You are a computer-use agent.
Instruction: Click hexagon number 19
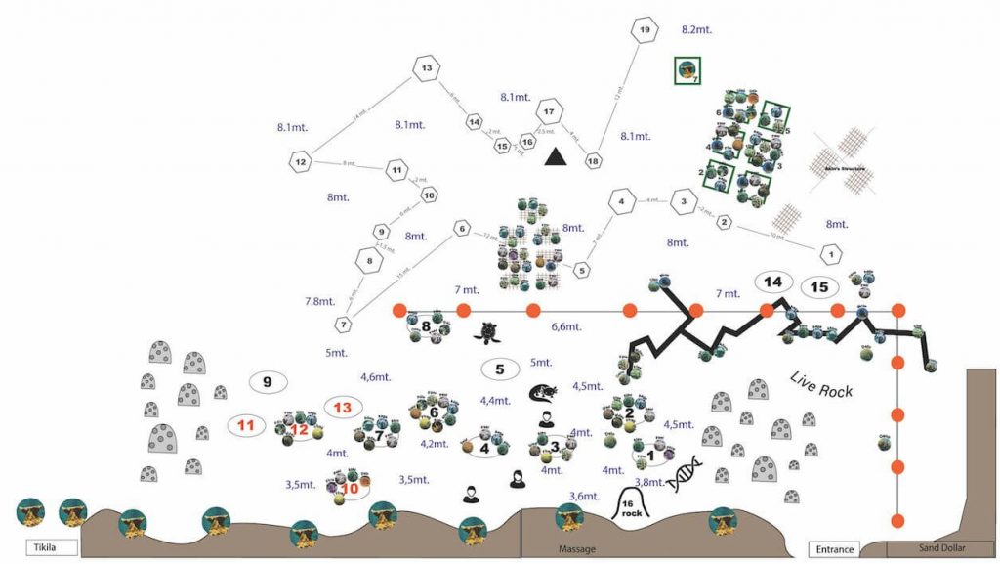[x=643, y=30]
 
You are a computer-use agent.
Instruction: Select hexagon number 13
[x=427, y=68]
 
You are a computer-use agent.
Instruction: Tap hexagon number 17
[x=551, y=111]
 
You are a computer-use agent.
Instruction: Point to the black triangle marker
[x=556, y=155]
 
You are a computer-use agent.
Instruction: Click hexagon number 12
[x=301, y=161]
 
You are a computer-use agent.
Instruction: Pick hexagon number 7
[x=344, y=324]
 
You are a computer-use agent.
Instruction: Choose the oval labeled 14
[x=772, y=282]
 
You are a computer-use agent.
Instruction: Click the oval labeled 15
[x=820, y=287]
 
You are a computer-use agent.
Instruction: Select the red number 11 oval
[x=245, y=425]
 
